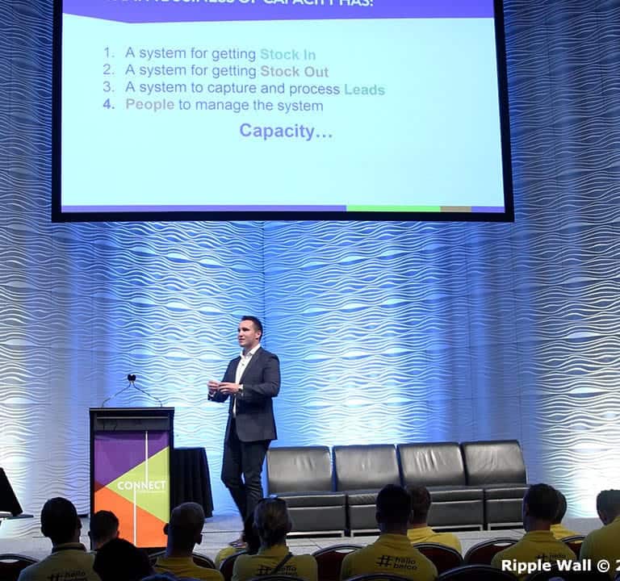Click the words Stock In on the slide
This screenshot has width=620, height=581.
click(x=287, y=55)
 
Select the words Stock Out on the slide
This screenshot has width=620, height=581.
click(x=294, y=72)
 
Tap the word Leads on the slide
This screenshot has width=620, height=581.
click(x=364, y=90)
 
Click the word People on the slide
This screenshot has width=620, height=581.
click(x=149, y=106)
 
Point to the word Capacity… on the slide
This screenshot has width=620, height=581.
click(x=286, y=131)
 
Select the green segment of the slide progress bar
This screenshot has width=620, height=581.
click(x=393, y=208)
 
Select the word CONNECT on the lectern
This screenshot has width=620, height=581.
click(x=142, y=486)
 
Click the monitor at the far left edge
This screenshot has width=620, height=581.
click(x=8, y=492)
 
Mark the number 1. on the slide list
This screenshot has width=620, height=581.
click(x=109, y=53)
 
